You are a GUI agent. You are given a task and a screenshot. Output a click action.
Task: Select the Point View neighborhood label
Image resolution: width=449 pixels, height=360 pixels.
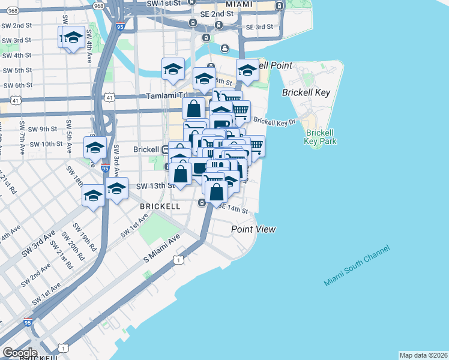tap(254, 229)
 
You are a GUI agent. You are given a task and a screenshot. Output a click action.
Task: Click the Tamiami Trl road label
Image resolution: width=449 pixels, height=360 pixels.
tap(167, 95)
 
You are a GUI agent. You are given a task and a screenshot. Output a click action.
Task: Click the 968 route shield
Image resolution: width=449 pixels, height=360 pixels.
tap(98, 5)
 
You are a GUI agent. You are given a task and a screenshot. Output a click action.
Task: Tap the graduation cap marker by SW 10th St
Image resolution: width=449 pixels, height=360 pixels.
tap(95, 147)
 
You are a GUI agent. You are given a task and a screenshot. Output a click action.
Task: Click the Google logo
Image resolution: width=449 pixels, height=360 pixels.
tap(20, 353)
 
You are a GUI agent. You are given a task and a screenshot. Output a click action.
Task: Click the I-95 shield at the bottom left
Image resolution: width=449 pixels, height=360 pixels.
tap(28, 322)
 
